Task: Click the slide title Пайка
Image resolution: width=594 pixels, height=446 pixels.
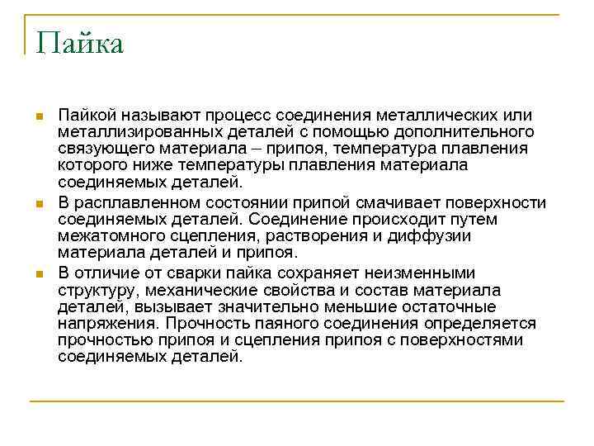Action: (80, 43)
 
